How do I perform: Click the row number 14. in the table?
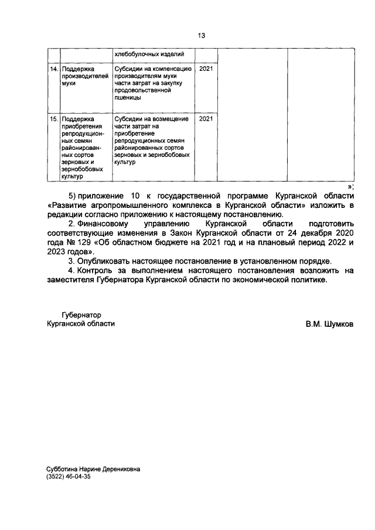click(x=53, y=69)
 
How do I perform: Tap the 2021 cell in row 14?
click(x=206, y=69)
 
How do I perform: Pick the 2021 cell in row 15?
click(x=206, y=119)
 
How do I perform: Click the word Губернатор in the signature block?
click(x=81, y=314)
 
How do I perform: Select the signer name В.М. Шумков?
click(x=329, y=324)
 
